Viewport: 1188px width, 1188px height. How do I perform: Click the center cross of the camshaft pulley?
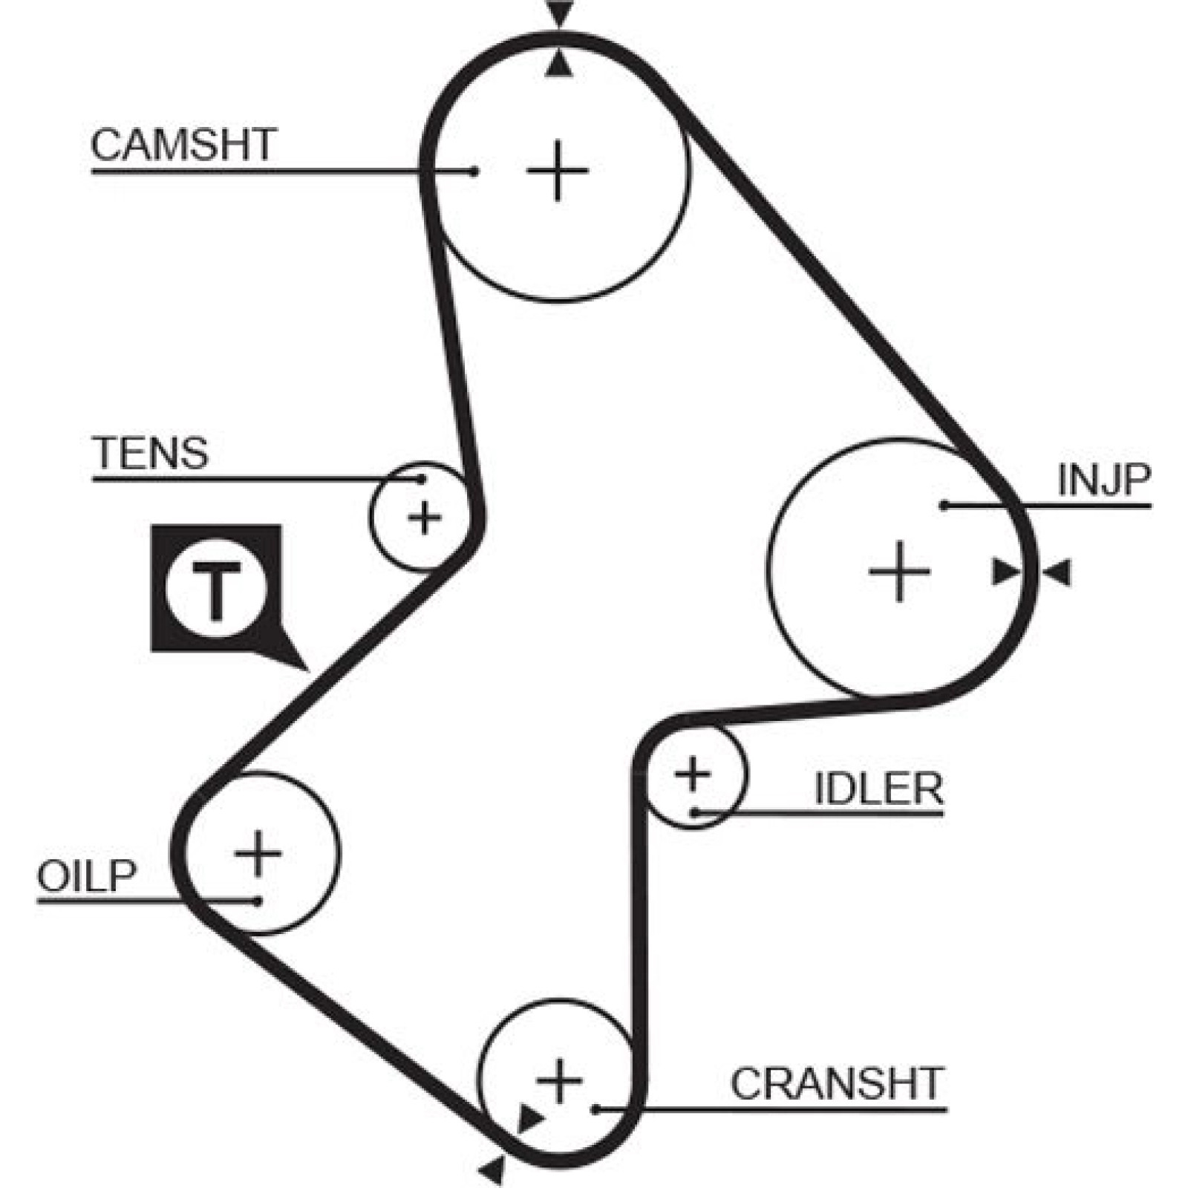coord(557,172)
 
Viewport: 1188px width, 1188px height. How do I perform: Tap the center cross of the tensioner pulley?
coord(425,518)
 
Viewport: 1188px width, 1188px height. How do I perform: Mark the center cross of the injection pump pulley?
coord(899,571)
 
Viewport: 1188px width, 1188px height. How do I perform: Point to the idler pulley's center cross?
coord(693,774)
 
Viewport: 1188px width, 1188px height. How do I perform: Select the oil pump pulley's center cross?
coord(258,853)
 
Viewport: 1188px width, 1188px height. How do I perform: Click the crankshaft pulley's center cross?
coord(559,1080)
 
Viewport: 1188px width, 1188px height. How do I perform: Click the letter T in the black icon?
coord(216,591)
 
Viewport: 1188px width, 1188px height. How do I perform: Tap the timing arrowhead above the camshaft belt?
coord(560,13)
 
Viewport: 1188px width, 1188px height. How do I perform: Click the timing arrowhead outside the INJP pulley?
coord(1057,573)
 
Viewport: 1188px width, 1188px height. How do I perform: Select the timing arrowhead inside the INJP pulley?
coord(1007,572)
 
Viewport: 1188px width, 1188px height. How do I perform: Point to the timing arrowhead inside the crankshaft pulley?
coord(529,1117)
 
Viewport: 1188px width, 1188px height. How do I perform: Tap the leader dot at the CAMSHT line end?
coord(475,172)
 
